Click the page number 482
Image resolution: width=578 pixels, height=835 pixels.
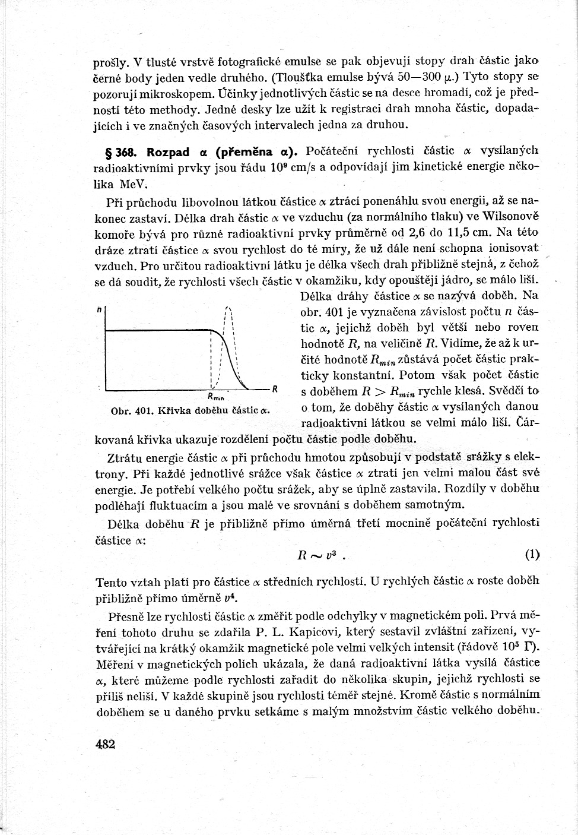point(104,744)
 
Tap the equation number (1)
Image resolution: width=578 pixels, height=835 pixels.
point(532,555)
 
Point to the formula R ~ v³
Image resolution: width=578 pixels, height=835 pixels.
point(320,556)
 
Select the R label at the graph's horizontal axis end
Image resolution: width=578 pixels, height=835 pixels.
point(275,389)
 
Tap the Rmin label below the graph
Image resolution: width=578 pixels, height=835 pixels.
point(215,397)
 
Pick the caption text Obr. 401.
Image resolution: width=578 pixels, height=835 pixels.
point(133,410)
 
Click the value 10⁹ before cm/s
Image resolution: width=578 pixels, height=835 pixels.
point(280,167)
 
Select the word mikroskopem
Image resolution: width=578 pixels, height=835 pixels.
point(184,93)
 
